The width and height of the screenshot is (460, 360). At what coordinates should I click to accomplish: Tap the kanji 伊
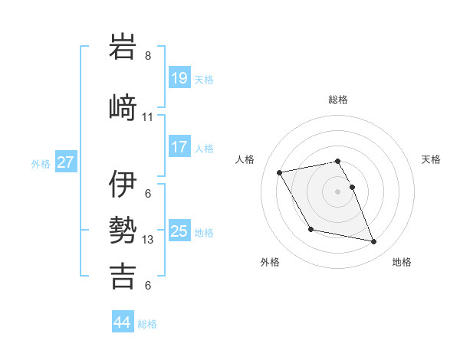click(123, 184)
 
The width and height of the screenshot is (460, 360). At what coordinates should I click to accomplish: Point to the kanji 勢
click(123, 230)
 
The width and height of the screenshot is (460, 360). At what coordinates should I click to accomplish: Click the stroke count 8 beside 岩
click(148, 56)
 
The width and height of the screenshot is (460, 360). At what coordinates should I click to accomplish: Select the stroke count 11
click(148, 117)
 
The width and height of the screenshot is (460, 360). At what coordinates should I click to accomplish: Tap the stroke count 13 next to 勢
click(148, 240)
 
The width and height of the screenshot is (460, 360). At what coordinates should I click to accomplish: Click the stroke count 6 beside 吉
click(148, 286)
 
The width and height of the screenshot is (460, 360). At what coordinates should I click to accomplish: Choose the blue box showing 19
click(179, 78)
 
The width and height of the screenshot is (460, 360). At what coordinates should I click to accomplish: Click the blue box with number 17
click(179, 147)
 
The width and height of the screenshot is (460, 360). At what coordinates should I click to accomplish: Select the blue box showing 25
click(179, 231)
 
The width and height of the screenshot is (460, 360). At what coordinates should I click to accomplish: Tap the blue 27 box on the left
click(66, 162)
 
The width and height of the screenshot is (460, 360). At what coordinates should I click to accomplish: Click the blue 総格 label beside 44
click(148, 324)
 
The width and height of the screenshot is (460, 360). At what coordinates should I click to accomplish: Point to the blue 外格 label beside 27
click(41, 164)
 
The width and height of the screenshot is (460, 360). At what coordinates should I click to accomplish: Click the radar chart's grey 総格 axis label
click(338, 100)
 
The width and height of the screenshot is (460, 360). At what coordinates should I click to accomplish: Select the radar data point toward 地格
click(374, 242)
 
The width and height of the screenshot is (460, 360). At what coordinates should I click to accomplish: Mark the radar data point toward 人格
click(280, 172)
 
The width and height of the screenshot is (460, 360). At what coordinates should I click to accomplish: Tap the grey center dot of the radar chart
click(338, 191)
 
